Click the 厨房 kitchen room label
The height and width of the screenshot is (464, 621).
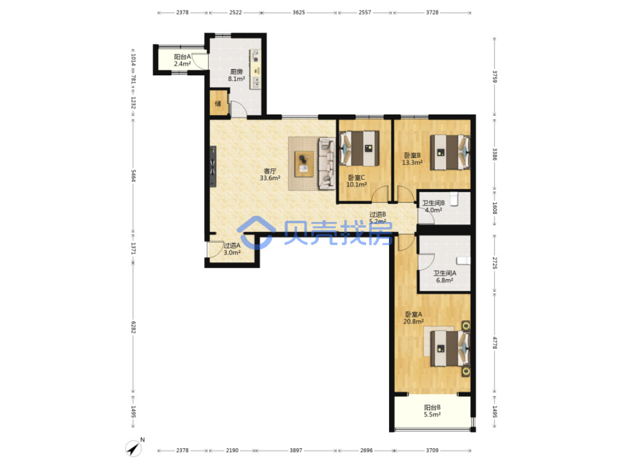pyautogui.click(x=236, y=72)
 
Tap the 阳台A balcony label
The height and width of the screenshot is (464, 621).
pyautogui.click(x=182, y=57)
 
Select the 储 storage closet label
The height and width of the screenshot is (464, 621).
pyautogui.click(x=218, y=104)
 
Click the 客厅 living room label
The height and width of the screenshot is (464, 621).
pyautogui.click(x=270, y=171)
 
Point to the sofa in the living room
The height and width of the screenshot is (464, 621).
pyautogui.click(x=327, y=163)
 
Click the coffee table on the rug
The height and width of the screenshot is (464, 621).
pyautogui.click(x=304, y=163)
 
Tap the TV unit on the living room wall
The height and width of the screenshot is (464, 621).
pyautogui.click(x=213, y=166)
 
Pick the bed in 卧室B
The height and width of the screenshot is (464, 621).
pyautogui.click(x=450, y=153)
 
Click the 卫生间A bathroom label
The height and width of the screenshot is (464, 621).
pyautogui.click(x=445, y=273)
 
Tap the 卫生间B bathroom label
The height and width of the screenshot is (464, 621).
pyautogui.click(x=433, y=203)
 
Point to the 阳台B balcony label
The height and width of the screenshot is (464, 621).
pyautogui.click(x=432, y=407)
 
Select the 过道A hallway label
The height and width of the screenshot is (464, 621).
pyautogui.click(x=232, y=245)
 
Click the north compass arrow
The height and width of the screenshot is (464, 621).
pyautogui.click(x=134, y=449)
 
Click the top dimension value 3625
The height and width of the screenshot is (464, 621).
pyautogui.click(x=299, y=12)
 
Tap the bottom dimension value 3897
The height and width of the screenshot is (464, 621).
pyautogui.click(x=296, y=451)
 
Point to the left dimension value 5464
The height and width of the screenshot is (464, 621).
pyautogui.click(x=134, y=175)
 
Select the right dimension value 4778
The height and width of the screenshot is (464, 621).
pyautogui.click(x=495, y=343)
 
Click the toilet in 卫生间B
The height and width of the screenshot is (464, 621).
pyautogui.click(x=454, y=198)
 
